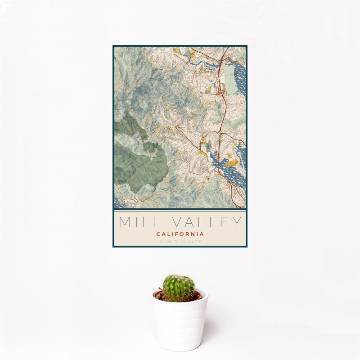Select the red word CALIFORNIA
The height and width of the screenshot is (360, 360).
click(x=180, y=234)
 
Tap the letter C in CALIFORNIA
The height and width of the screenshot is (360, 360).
click(x=158, y=234)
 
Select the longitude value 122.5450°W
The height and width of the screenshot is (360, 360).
click(x=191, y=242)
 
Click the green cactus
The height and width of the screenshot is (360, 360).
click(x=178, y=288)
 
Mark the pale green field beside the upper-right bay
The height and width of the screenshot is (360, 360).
click(x=230, y=84)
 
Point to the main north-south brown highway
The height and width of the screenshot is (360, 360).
click(x=221, y=117)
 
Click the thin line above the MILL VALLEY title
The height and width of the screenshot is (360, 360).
click(x=180, y=211)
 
